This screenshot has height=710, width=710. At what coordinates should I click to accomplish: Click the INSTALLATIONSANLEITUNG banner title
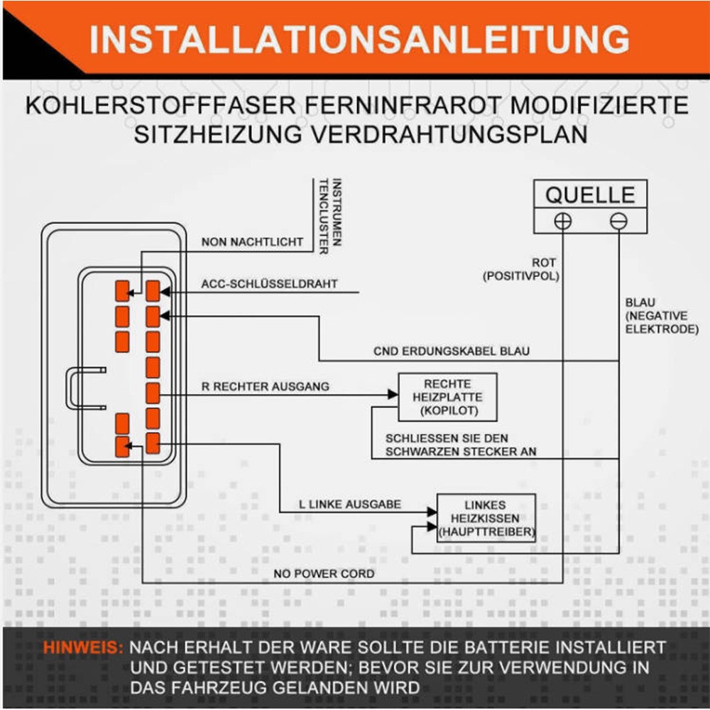(359, 39)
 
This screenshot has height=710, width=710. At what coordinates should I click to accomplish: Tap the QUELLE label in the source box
(590, 195)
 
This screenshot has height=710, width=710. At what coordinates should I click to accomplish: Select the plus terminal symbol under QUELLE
(563, 221)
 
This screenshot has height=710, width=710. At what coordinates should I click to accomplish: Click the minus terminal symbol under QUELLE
(618, 221)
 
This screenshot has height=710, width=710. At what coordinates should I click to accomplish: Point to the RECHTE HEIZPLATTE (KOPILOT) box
(447, 397)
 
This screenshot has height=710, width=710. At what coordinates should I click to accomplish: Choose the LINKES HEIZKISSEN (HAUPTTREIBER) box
(486, 518)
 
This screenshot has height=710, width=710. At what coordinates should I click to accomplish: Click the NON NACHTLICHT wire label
(252, 242)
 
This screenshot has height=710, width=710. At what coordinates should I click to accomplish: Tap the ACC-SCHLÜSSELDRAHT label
(269, 284)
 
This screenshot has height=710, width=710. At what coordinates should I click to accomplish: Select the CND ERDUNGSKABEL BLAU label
(452, 351)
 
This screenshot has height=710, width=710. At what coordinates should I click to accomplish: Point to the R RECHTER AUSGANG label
(266, 386)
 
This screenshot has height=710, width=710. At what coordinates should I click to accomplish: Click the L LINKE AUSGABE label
(350, 504)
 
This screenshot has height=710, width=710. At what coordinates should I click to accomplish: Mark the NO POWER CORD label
(324, 574)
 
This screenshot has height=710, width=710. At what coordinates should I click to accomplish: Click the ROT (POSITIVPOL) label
(521, 269)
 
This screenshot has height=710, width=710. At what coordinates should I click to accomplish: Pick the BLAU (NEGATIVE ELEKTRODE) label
(662, 316)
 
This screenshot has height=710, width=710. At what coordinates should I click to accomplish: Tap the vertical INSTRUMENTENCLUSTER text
(330, 216)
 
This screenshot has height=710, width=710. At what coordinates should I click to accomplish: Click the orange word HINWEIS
(83, 648)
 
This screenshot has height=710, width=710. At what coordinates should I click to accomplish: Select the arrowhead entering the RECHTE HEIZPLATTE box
(393, 395)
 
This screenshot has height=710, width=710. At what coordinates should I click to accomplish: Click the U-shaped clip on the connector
(70, 388)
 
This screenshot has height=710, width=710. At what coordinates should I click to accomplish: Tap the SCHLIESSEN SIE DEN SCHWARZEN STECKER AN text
(461, 444)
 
